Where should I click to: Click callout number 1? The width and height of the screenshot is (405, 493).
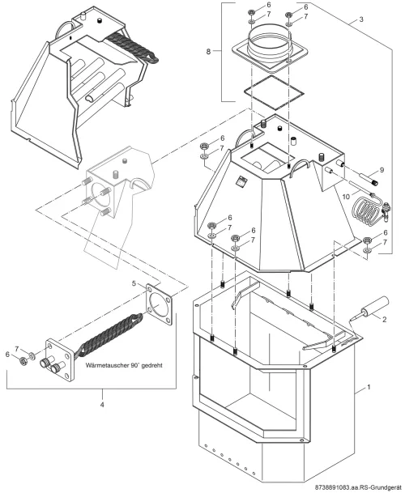369,387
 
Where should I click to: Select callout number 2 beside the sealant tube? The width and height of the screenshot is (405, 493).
384,320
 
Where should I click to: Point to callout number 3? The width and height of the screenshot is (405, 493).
361,19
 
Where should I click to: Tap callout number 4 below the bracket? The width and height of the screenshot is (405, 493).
101,405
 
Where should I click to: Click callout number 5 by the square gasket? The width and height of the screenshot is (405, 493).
134,283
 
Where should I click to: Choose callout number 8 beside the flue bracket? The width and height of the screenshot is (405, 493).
208,51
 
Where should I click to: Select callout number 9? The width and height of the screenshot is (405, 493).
382,170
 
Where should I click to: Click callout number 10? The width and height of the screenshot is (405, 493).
346,197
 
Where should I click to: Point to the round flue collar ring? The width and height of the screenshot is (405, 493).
269,43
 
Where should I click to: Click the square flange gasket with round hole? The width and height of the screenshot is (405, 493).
159,304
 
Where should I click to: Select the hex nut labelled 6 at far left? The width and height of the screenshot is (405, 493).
23,360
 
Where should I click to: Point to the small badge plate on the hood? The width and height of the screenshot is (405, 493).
242,181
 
